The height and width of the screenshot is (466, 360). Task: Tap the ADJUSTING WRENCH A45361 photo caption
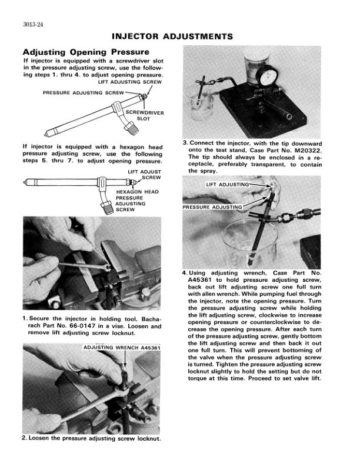(x=121, y=348)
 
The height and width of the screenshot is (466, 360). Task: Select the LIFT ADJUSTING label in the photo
(x=227, y=185)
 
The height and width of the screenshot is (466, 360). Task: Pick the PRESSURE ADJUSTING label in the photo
(x=212, y=207)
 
